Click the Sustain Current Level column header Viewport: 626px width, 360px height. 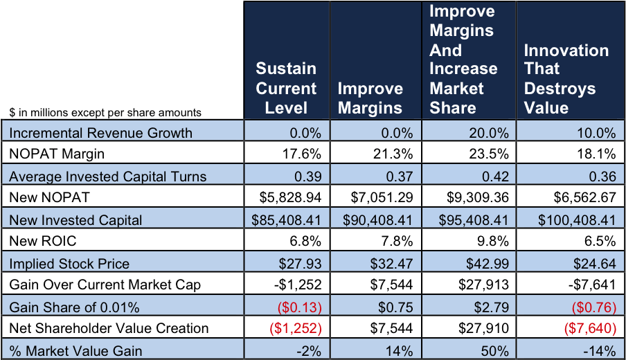286,88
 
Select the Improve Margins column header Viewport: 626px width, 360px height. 370,98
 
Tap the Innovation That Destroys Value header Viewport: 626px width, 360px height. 566,79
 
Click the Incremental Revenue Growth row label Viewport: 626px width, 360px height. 100,132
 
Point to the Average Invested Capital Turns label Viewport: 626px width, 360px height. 107,176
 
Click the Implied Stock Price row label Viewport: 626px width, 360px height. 69,263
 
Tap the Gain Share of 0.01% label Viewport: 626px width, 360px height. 74,307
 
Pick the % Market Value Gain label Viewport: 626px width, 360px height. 75,350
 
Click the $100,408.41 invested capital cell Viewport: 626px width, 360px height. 577,220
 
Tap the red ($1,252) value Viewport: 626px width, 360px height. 294,329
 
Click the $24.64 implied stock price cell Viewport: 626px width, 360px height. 596,263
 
